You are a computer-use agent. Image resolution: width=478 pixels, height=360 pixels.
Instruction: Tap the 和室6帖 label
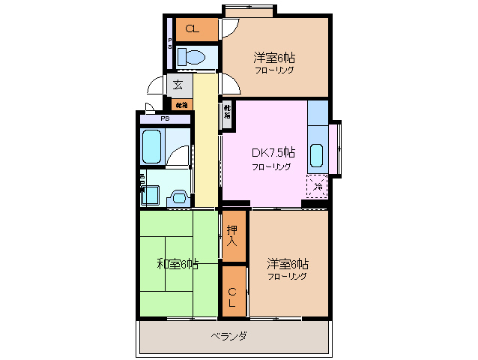[178, 263]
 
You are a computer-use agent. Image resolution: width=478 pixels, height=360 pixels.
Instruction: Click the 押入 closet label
[232, 238]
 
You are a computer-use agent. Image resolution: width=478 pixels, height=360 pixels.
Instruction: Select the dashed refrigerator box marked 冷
[317, 184]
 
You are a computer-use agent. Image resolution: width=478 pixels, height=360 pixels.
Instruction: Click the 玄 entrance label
[178, 85]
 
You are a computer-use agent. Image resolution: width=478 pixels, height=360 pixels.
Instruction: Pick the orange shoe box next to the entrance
[182, 104]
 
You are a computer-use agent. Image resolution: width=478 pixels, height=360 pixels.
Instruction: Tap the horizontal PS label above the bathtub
[164, 118]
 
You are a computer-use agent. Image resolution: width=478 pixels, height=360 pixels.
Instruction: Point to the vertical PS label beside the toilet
[170, 43]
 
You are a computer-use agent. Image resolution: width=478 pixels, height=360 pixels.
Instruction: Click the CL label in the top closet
[192, 29]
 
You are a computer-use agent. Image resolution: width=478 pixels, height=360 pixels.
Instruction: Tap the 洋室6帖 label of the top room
[273, 57]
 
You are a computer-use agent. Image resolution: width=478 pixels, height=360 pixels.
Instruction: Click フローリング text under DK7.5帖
[271, 167]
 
